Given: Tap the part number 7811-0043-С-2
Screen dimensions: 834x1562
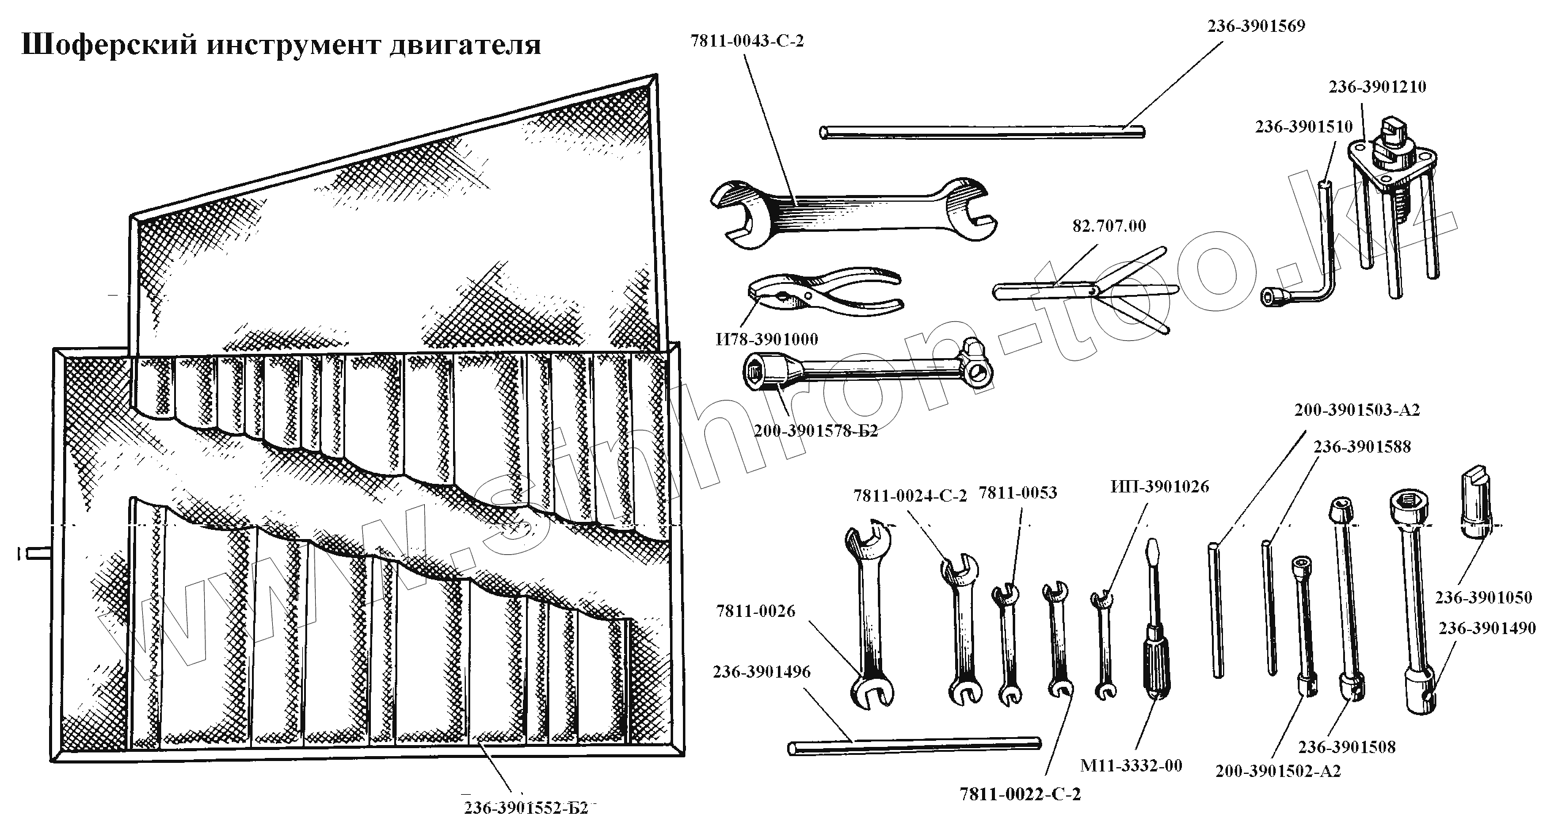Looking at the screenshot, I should [747, 42].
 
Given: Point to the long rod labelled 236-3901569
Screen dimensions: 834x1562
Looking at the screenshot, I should [981, 132].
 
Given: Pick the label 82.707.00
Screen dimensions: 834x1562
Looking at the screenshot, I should [1109, 226].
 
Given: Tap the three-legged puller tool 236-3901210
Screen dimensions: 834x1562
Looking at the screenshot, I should [1392, 202].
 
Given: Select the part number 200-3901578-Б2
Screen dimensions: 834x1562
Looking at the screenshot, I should [815, 431].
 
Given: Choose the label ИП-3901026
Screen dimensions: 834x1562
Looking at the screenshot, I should [1160, 487].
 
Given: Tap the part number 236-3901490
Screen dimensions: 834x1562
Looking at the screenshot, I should [1487, 629].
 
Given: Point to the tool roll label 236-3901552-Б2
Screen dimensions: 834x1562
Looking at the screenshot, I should [526, 808].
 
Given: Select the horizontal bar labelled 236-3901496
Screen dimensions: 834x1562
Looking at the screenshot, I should [913, 746].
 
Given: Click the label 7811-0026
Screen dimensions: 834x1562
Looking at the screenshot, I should [755, 611].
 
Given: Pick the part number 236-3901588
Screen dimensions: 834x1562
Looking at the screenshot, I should [1362, 447].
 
